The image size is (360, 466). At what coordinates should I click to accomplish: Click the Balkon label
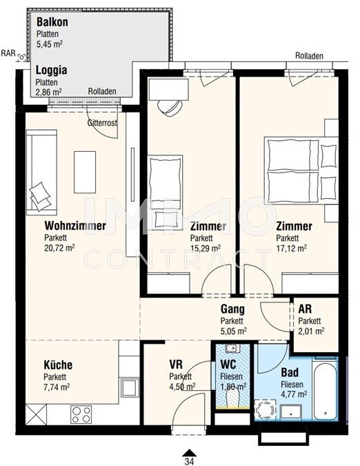pyautogui.click(x=52, y=22)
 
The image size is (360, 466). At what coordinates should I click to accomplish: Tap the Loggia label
pyautogui.click(x=51, y=70)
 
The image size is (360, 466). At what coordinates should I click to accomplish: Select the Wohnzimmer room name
pyautogui.click(x=75, y=226)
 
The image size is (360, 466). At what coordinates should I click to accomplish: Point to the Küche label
pyautogui.click(x=58, y=365)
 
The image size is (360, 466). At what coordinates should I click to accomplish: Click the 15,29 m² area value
pyautogui.click(x=206, y=248)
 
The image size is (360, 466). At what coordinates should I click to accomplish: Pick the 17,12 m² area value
pyautogui.click(x=292, y=248)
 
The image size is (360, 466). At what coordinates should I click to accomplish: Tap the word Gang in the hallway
pyautogui.click(x=232, y=309)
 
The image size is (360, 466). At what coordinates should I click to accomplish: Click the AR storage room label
pyautogui.click(x=305, y=309)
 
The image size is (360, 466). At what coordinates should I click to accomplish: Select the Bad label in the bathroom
pyautogui.click(x=290, y=372)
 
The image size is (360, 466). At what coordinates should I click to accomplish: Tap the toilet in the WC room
pyautogui.click(x=232, y=398)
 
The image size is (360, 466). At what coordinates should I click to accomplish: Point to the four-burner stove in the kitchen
pyautogui.click(x=81, y=414)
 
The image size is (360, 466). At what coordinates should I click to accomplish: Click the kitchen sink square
pyautogui.click(x=128, y=387)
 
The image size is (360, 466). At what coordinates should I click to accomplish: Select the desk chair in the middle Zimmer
pyautogui.click(x=170, y=108)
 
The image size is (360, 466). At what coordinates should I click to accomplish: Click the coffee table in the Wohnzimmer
pyautogui.click(x=85, y=172)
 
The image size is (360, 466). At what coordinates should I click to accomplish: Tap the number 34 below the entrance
pyautogui.click(x=190, y=461)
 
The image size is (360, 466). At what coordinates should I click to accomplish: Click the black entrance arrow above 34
pyautogui.click(x=190, y=452)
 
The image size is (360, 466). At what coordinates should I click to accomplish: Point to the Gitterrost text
pyautogui.click(x=102, y=123)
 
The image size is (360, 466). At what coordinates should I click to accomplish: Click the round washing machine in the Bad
pyautogui.click(x=265, y=410)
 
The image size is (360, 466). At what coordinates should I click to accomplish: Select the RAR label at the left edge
pyautogui.click(x=8, y=53)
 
